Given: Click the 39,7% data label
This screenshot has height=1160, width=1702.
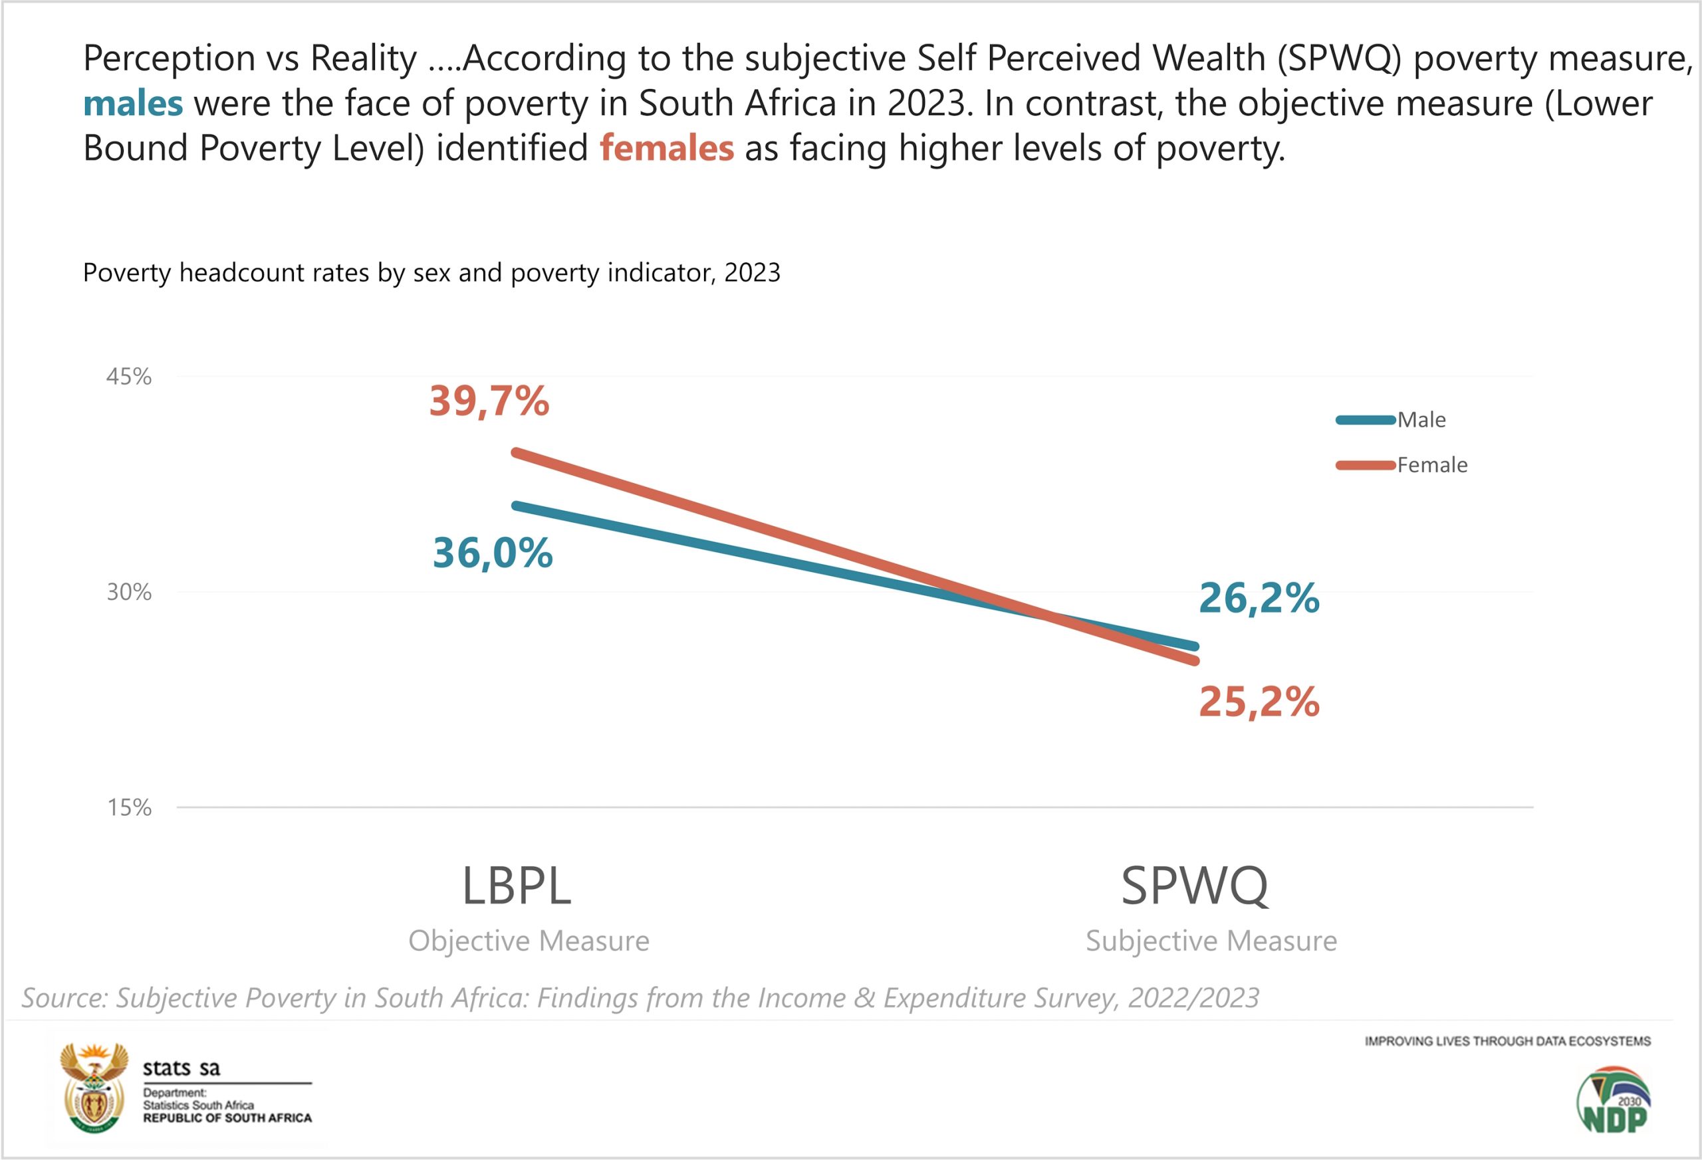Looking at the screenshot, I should click(489, 401).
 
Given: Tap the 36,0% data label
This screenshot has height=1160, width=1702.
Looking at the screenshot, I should click(492, 553).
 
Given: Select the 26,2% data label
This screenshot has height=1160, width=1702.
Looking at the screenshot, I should click(1258, 598).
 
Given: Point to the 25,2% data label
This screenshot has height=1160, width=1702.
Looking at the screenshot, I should click(1258, 702).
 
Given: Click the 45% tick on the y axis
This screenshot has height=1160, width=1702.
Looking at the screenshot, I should click(129, 377).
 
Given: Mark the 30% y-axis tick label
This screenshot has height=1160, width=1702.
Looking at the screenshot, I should click(129, 592).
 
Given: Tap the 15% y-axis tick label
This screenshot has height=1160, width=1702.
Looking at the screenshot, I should click(129, 807).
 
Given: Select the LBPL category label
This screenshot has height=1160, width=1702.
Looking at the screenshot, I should click(517, 886).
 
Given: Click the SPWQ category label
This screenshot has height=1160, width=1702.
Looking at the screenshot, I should click(1195, 886).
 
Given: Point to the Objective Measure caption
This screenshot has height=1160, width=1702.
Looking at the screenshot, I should click(529, 941).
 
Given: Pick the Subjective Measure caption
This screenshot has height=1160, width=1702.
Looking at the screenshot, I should click(1211, 941).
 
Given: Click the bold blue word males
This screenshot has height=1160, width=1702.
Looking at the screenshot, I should click(132, 104).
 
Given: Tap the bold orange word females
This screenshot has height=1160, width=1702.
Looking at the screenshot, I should click(666, 149).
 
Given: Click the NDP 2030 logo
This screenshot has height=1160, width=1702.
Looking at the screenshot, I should click(1614, 1100).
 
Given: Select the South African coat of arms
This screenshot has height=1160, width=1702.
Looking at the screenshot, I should click(94, 1088).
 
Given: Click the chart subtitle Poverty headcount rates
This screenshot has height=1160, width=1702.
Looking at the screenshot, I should click(431, 273).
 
